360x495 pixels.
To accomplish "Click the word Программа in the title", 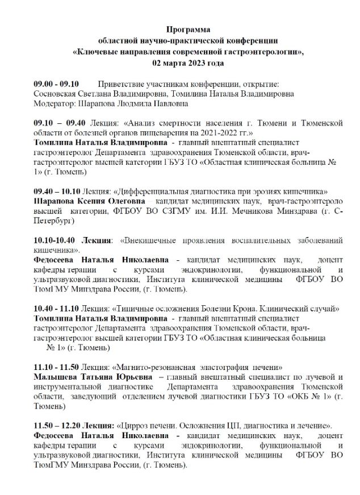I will tap(188, 28).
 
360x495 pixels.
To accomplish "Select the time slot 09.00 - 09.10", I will tap(56, 84).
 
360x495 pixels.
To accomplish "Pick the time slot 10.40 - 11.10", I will tap(57, 309).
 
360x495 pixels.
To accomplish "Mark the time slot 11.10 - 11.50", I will tap(57, 367).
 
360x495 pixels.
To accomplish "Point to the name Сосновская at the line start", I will tap(56, 94).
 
